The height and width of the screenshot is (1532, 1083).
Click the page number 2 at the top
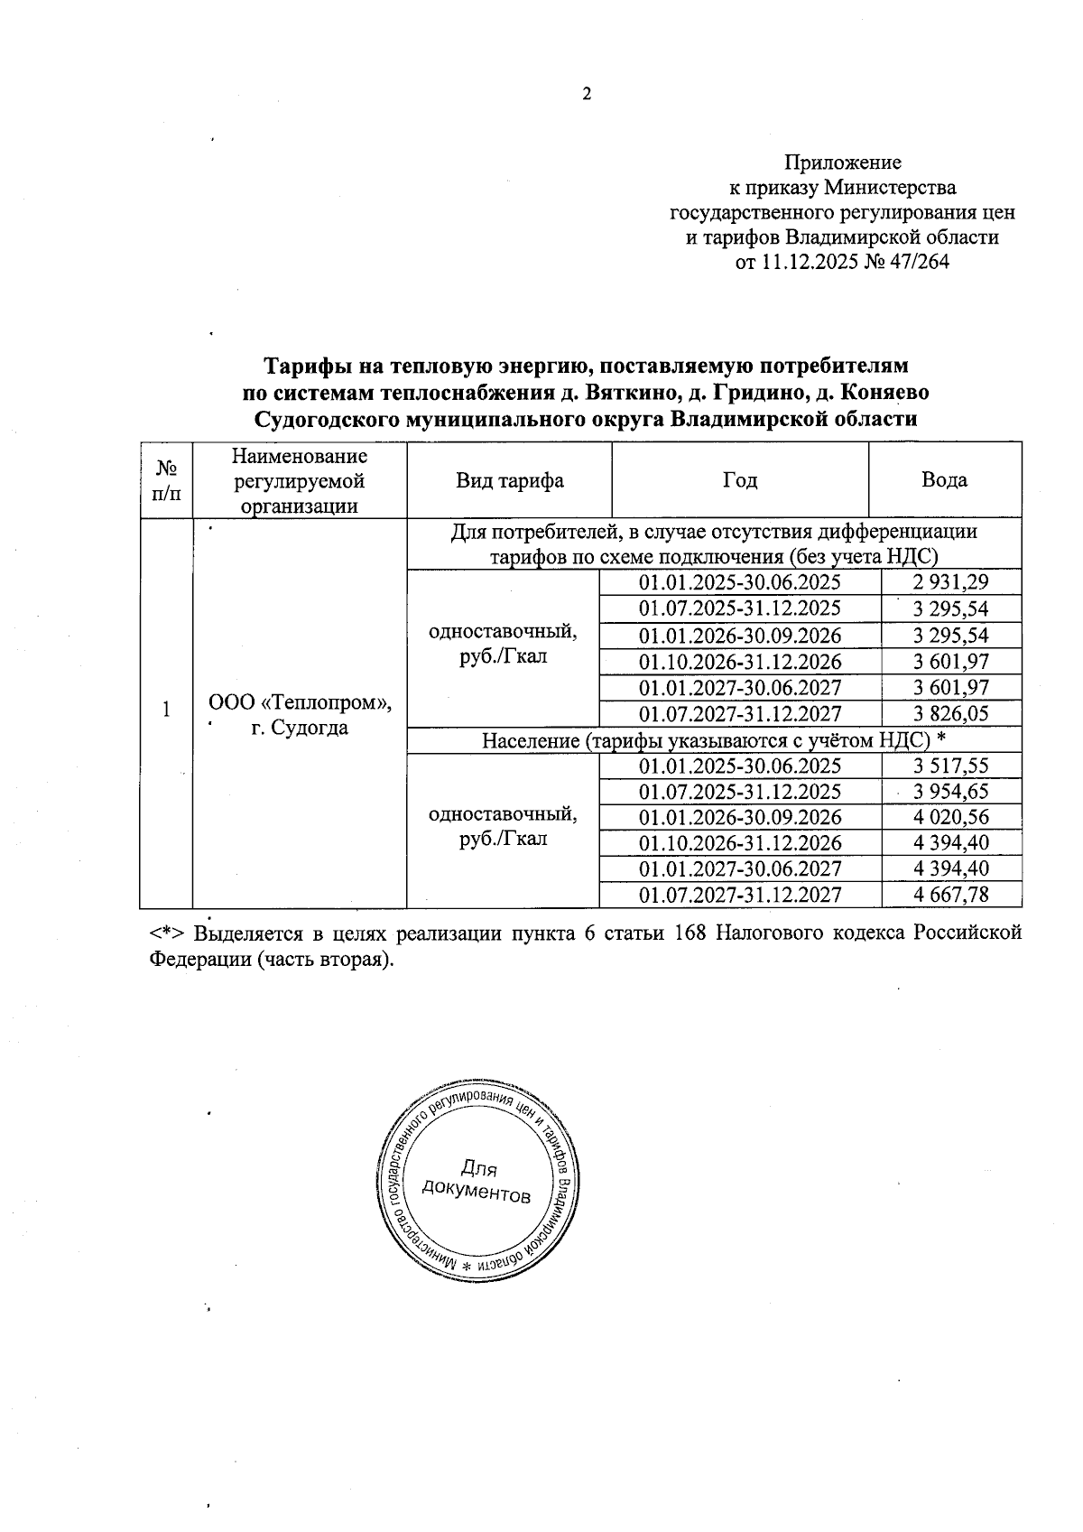click(587, 94)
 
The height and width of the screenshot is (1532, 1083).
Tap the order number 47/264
click(918, 263)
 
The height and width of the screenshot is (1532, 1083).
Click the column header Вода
click(944, 479)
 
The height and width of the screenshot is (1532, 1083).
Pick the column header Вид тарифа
click(510, 479)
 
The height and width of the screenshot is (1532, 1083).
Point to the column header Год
click(739, 479)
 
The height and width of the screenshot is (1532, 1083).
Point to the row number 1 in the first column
click(166, 710)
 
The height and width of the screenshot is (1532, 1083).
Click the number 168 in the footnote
click(690, 933)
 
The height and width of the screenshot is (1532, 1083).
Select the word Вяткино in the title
click(626, 393)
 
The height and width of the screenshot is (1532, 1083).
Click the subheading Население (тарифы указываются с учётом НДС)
click(713, 740)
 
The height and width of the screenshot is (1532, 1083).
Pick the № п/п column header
click(166, 479)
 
